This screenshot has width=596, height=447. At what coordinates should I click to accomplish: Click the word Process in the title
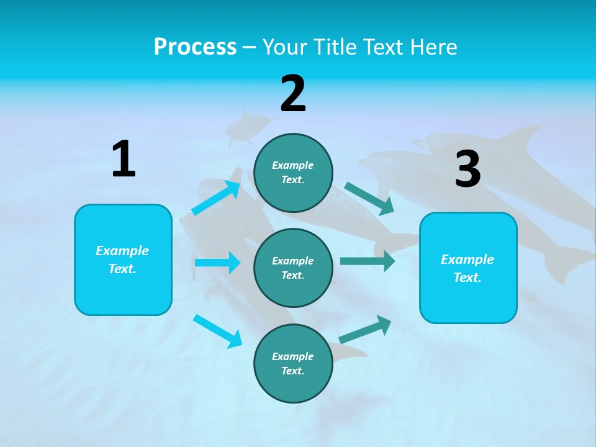pyautogui.click(x=195, y=47)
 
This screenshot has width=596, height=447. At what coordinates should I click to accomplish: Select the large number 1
pyautogui.click(x=124, y=160)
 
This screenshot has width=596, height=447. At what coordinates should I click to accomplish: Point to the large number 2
pyautogui.click(x=293, y=94)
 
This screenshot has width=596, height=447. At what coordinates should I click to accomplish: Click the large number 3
pyautogui.click(x=467, y=169)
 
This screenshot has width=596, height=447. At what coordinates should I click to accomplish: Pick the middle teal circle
pyautogui.click(x=293, y=268)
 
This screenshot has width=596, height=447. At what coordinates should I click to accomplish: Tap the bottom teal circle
pyautogui.click(x=293, y=363)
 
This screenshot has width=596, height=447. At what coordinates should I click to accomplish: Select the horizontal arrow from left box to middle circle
pyautogui.click(x=217, y=263)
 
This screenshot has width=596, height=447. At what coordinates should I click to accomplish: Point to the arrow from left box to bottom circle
pyautogui.click(x=217, y=330)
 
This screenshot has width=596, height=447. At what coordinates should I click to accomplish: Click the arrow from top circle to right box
pyautogui.click(x=369, y=199)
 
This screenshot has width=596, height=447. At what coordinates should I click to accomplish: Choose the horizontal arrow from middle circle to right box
pyautogui.click(x=368, y=261)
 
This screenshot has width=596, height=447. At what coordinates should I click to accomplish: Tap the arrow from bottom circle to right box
pyautogui.click(x=365, y=330)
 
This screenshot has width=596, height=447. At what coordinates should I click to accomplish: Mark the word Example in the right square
pyautogui.click(x=467, y=260)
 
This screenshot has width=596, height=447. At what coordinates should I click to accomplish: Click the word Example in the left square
pyautogui.click(x=122, y=251)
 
